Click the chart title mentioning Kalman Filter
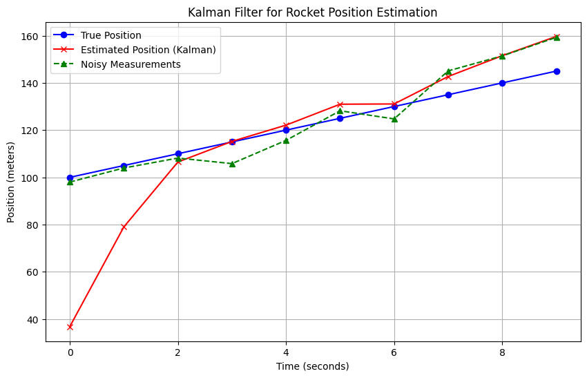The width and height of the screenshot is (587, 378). coord(312,12)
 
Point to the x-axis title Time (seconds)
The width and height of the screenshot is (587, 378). coord(312,366)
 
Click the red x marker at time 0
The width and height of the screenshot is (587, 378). coord(70,326)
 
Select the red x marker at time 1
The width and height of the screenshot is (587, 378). coord(124,227)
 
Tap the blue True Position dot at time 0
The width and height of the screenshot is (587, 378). coord(70,178)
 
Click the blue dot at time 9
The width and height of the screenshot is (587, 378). coord(557,71)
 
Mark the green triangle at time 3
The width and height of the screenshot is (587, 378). coord(232,164)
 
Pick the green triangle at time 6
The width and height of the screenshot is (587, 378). coord(394,119)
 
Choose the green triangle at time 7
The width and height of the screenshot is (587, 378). coord(448,71)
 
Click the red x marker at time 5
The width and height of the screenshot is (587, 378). coord(340,104)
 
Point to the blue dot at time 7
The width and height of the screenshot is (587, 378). coord(448,95)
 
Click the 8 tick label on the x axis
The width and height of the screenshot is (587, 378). coord(502,352)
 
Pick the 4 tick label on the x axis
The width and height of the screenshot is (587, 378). coord(286,352)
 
